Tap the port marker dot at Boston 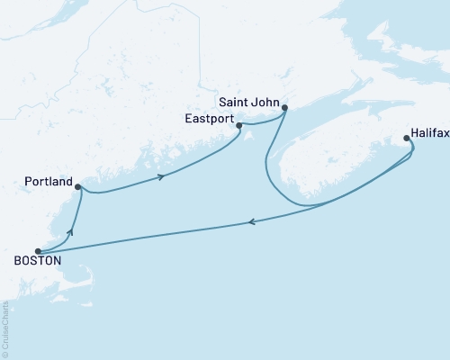click(x=37, y=251)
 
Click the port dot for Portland click(x=78, y=187)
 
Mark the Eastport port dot click(x=238, y=126)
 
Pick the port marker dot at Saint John click(x=284, y=109)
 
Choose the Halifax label click(x=426, y=131)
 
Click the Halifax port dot click(x=407, y=139)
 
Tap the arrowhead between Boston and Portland click(x=70, y=231)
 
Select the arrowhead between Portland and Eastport click(x=161, y=176)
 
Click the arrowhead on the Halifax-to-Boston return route click(x=249, y=222)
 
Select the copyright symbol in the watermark click(x=6, y=352)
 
